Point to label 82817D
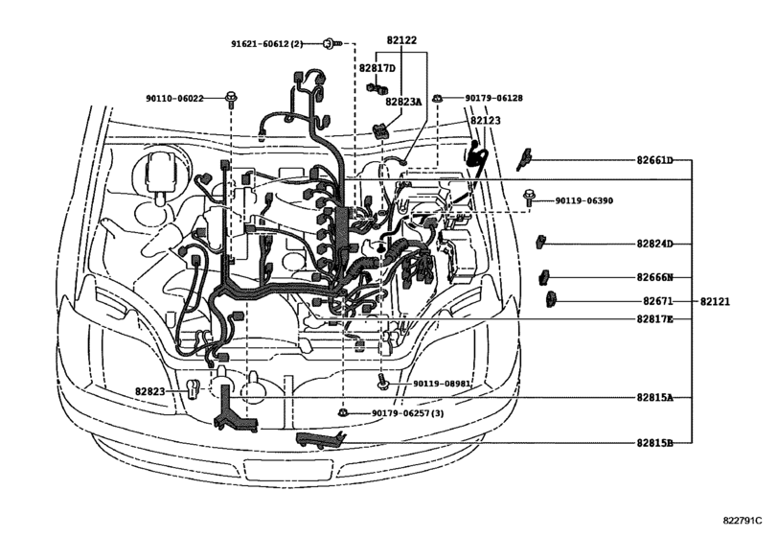coord(377,68)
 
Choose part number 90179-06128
coord(493,98)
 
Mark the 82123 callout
coord(485,121)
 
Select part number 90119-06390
coord(583,201)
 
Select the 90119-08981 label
coord(442,384)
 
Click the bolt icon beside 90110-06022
coord(232,97)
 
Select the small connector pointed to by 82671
coord(551,301)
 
